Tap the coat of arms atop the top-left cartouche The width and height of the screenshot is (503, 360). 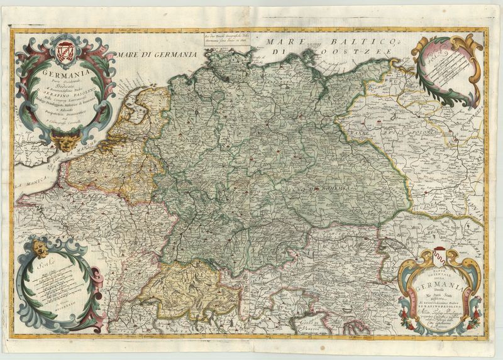tap(64, 48)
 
